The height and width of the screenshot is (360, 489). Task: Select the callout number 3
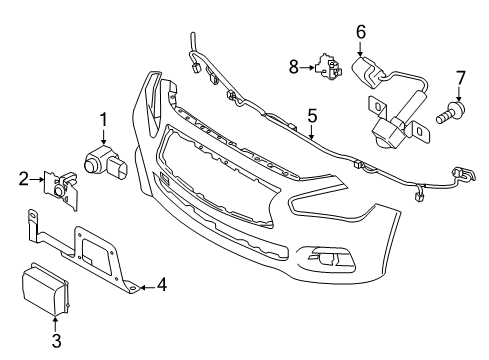tap(57, 341)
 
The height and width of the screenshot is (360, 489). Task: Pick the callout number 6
tap(360, 33)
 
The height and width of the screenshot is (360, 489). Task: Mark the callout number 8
tap(292, 67)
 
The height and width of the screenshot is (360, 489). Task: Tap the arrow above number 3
tap(57, 322)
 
